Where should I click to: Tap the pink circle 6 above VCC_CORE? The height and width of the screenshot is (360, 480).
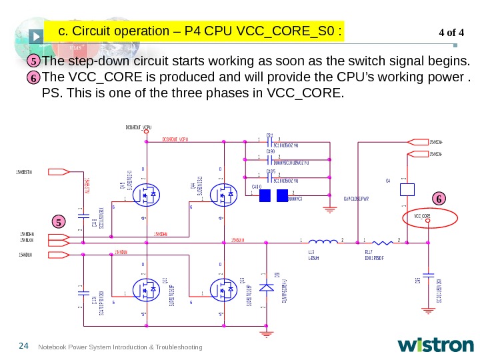(x=439, y=199)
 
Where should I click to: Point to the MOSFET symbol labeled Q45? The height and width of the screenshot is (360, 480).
(x=145, y=195)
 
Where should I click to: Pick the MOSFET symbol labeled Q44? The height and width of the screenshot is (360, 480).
(x=221, y=195)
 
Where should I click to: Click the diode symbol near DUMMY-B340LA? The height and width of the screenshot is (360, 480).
(x=267, y=288)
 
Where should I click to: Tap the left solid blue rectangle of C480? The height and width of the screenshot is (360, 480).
(x=265, y=195)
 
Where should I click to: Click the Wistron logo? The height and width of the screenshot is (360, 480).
(x=435, y=345)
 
